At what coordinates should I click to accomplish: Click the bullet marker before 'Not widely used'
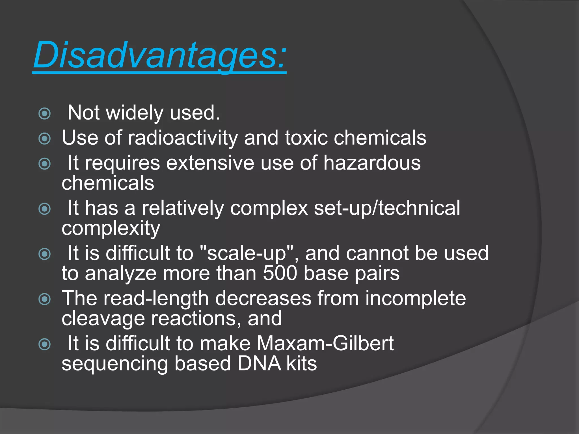[x=44, y=114]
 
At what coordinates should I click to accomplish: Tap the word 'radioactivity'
[x=183, y=138]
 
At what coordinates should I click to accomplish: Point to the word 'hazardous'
[x=372, y=163]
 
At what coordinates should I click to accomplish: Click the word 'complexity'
[x=111, y=228]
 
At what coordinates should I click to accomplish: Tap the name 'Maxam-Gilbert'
[x=325, y=344]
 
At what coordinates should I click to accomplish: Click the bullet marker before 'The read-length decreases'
[x=44, y=299]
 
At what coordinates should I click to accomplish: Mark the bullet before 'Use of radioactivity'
[x=44, y=138]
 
